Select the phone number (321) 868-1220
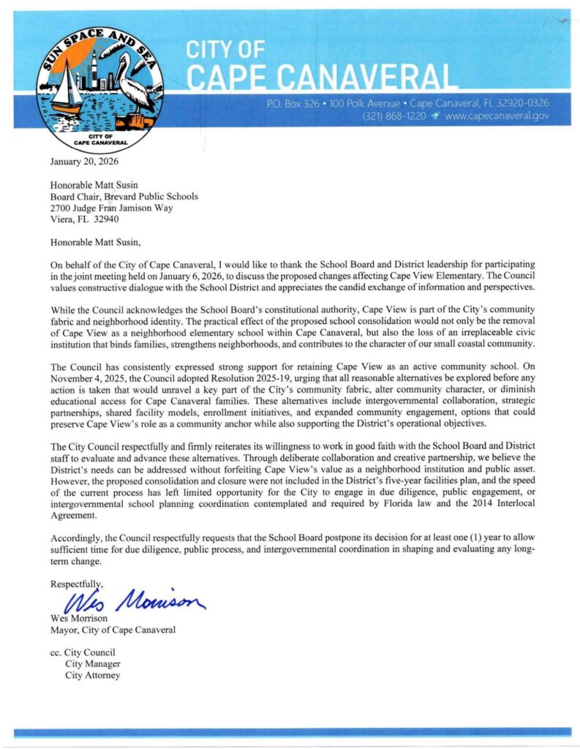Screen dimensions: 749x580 pos(394,116)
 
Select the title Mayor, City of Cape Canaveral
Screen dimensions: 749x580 pos(113,630)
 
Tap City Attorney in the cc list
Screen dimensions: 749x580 pos(92,675)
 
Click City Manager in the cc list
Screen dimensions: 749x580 pos(92,664)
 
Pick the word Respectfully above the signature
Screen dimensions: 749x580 pos(76,584)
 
